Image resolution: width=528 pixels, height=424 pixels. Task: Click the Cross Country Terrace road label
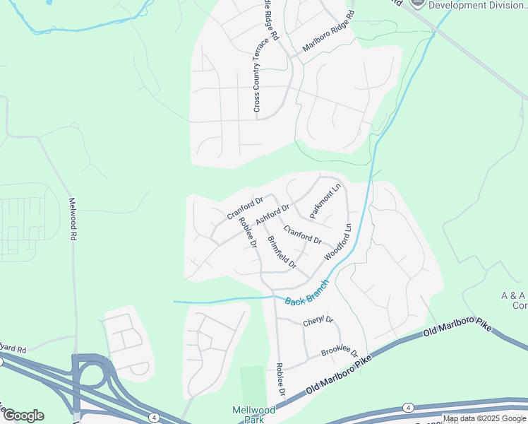257,79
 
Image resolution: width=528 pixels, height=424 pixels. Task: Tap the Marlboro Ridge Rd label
327,34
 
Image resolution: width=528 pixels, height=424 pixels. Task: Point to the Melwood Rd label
71,219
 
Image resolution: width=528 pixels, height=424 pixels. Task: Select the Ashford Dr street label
272,215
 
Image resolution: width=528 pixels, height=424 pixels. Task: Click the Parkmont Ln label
324,201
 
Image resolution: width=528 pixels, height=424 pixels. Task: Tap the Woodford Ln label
338,242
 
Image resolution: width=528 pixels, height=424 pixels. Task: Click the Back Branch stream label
307,291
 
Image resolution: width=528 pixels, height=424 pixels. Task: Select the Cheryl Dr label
318,321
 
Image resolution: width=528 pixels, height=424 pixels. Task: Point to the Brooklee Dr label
340,351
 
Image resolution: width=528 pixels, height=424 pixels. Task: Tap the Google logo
23,416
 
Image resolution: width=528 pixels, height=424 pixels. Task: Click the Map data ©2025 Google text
484,418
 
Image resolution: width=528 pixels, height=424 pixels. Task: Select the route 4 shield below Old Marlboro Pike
408,407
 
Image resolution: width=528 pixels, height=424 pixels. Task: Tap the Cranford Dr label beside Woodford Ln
303,235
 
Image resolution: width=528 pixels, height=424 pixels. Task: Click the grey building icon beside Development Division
418,3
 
